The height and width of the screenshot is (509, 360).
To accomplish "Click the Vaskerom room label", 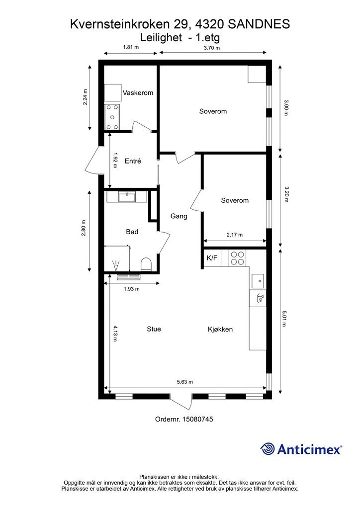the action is [x=138, y=93].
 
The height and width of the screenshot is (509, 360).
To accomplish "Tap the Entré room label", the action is [x=133, y=161].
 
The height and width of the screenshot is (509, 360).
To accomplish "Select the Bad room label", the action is [x=132, y=232].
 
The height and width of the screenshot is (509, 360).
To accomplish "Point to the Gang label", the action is [x=179, y=216].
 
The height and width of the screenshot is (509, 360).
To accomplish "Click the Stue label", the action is [x=154, y=329].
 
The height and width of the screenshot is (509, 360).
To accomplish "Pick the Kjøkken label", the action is [x=220, y=330].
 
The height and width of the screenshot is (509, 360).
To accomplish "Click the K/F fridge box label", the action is [x=212, y=258].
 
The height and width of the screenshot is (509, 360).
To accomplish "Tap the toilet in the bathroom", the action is [x=146, y=264].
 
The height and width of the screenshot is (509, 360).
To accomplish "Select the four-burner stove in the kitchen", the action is [x=237, y=258].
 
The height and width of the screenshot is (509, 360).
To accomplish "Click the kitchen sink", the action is [x=258, y=281].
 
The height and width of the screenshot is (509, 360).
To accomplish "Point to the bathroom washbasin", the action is [x=127, y=197].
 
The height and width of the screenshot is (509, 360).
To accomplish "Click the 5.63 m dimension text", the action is [x=184, y=382].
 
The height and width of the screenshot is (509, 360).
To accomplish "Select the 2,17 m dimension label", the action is [x=235, y=235].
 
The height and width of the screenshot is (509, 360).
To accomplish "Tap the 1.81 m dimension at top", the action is [x=131, y=47].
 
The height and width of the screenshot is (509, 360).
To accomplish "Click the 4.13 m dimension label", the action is [x=115, y=334].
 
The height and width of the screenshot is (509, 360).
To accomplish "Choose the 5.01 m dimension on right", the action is [x=284, y=318].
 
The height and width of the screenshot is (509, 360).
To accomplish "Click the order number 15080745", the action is [x=198, y=419].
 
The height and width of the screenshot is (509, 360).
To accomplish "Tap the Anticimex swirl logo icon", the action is [x=268, y=449].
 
